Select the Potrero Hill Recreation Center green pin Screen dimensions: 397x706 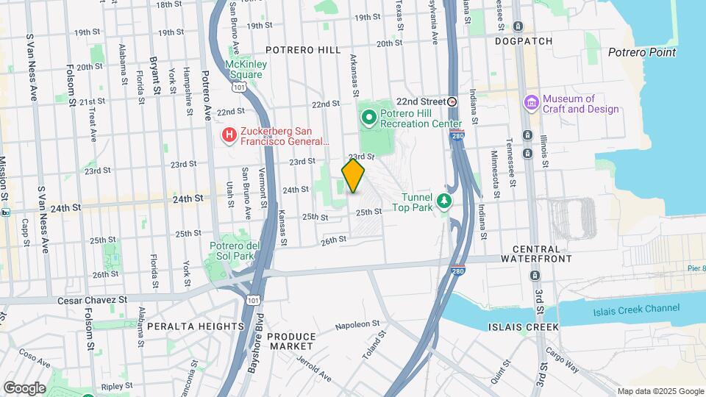[368, 116]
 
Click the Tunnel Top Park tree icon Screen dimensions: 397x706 [443, 201]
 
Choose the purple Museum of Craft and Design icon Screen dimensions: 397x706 [531, 104]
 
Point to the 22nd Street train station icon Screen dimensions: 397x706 [452, 101]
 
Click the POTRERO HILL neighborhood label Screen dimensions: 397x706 [303, 50]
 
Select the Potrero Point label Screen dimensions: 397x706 [642, 52]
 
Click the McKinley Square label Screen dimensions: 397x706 [245, 69]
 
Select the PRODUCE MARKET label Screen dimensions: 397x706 [290, 341]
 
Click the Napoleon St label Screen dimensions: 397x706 [357, 323]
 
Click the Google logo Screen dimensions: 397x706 [24, 387]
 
